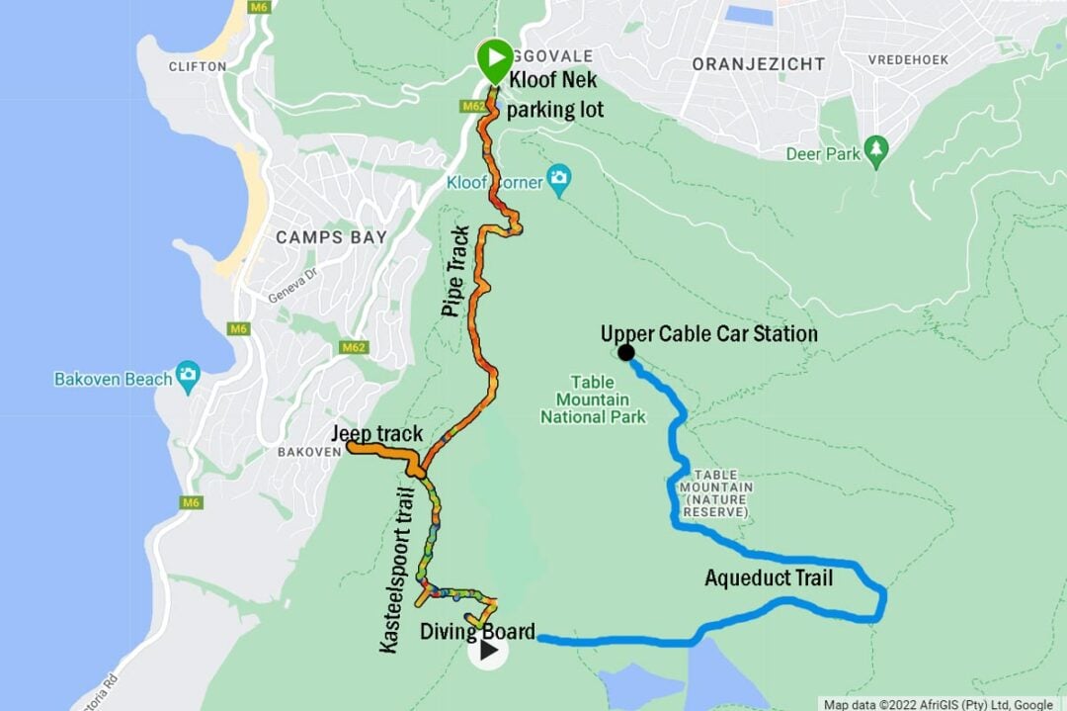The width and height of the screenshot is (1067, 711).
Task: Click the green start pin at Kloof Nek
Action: (x=495, y=60)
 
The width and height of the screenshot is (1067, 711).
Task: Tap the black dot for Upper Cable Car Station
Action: (x=625, y=352)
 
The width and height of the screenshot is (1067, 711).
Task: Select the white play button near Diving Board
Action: (x=488, y=650)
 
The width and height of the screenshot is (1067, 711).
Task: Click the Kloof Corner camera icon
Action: (x=560, y=179)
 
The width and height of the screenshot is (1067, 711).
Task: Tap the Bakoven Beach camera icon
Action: (x=188, y=376)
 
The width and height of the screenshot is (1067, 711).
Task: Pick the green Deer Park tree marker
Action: (x=875, y=149)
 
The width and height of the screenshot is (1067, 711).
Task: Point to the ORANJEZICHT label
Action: (x=759, y=64)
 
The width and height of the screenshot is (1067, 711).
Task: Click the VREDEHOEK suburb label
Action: (x=908, y=60)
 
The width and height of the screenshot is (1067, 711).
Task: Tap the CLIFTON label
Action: (x=197, y=67)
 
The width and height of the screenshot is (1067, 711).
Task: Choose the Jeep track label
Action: (x=376, y=433)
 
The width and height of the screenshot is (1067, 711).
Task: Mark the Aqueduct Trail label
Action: (x=769, y=578)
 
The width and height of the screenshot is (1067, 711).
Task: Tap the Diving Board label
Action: (x=477, y=631)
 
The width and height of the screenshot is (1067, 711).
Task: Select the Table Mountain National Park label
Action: (x=593, y=400)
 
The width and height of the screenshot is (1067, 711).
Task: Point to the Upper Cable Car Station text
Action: (x=709, y=333)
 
